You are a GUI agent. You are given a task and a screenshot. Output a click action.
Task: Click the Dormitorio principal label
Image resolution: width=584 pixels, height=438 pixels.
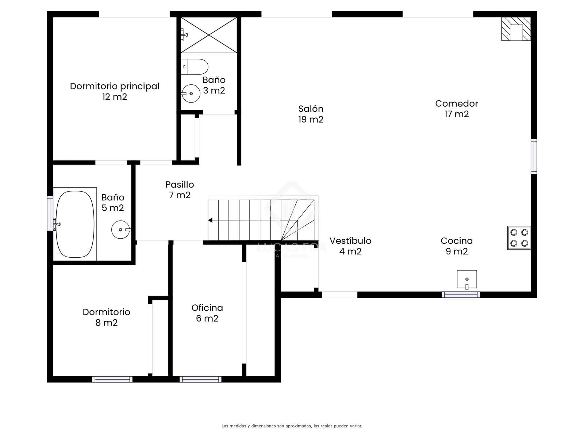tap(115, 86)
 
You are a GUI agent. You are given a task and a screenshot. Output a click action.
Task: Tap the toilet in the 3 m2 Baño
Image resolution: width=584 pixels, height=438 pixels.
tap(195, 67)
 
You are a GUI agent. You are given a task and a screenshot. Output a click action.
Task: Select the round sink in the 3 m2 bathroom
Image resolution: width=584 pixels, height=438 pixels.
tap(191, 93)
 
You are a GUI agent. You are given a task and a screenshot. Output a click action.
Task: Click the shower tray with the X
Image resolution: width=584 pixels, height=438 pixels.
tap(209, 35)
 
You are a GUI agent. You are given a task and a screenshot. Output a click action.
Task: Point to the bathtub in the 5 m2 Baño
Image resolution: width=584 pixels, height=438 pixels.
tap(75, 224)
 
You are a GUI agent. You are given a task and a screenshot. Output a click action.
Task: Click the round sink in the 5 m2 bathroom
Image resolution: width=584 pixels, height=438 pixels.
tap(121, 230)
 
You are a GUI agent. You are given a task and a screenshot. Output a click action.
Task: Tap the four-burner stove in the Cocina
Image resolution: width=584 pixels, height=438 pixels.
tap(519, 238)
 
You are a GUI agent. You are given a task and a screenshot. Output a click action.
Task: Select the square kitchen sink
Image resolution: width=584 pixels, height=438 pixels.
tap(467, 279)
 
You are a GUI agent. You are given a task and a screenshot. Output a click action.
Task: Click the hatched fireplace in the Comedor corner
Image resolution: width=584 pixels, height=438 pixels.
tap(516, 29)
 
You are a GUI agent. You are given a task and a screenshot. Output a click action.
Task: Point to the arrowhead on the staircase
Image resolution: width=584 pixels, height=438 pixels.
tap(210, 220)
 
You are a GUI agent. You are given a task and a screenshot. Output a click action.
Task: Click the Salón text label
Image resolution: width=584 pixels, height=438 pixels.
tap(311, 109)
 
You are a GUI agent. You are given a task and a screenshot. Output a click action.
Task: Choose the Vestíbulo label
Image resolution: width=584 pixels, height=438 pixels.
tap(350, 241)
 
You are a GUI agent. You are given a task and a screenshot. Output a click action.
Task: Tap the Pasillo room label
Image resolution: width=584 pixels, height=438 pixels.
tap(180, 184)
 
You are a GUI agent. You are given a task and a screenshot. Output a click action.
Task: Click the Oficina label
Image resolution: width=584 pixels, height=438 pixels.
tap(207, 308)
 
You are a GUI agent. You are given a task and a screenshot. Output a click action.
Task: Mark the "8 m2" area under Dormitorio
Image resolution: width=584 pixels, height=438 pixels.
tap(107, 323)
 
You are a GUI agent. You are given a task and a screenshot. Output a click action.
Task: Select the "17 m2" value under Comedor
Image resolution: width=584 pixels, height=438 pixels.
tap(457, 114)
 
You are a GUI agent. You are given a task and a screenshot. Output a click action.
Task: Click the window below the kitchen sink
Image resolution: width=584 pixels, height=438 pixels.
tap(461, 295)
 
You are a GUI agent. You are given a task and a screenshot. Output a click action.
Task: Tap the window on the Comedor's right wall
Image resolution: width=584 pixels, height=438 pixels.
tap(534, 156)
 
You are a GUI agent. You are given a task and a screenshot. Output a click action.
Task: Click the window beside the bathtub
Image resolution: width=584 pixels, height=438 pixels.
tap(50, 213)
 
